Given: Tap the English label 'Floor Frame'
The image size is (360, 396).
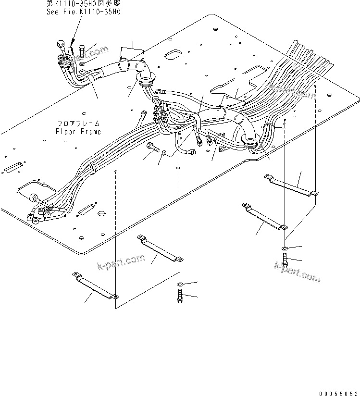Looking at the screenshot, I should click(x=78, y=131).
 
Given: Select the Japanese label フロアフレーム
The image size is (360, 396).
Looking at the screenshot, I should click(x=78, y=124).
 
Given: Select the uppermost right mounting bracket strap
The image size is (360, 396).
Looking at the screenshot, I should click(x=291, y=185).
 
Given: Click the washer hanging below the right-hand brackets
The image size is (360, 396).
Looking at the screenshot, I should click(x=284, y=248).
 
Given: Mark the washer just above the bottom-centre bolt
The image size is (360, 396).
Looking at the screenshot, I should click(x=180, y=284).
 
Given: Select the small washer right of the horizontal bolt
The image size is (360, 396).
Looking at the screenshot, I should click(x=165, y=153).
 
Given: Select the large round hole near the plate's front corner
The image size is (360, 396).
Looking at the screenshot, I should click(x=101, y=213).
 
